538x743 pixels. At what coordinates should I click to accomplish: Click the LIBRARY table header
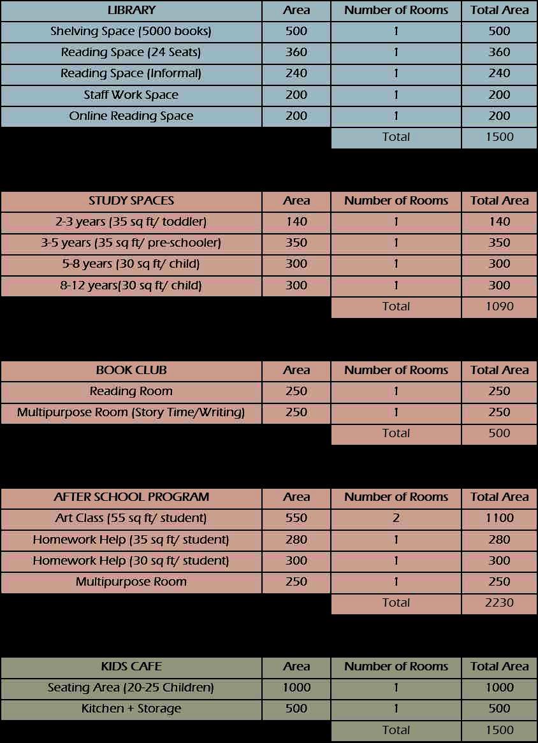tap(131, 10)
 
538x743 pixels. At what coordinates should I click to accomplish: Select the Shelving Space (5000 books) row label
tap(131, 31)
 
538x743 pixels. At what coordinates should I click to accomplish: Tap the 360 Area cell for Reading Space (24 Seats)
tap(296, 52)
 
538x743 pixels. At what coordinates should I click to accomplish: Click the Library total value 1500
tap(499, 137)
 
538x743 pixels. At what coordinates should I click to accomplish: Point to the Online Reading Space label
tap(131, 116)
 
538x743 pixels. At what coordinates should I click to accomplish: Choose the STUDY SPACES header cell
tap(131, 201)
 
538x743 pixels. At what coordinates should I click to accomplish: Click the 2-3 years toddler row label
tap(131, 222)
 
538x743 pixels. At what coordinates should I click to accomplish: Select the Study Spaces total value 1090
tap(499, 307)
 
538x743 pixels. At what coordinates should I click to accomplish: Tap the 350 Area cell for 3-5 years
tap(296, 243)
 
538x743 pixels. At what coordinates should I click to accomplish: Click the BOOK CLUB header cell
tap(131, 370)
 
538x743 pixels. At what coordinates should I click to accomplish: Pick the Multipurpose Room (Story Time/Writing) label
tap(131, 412)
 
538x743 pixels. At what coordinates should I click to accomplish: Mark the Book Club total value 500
tap(499, 433)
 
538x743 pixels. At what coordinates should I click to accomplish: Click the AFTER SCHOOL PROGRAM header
tap(131, 497)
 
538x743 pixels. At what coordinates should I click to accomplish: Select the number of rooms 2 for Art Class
tap(396, 518)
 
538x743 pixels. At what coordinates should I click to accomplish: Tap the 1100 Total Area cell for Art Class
tap(499, 518)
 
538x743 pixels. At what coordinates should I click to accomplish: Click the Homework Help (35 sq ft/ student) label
tap(131, 540)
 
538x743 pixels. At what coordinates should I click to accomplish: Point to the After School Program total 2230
tap(499, 603)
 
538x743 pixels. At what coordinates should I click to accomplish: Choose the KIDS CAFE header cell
tap(131, 667)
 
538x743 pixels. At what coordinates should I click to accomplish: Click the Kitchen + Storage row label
tap(131, 709)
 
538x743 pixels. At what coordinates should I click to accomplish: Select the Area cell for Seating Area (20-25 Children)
tap(296, 688)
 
